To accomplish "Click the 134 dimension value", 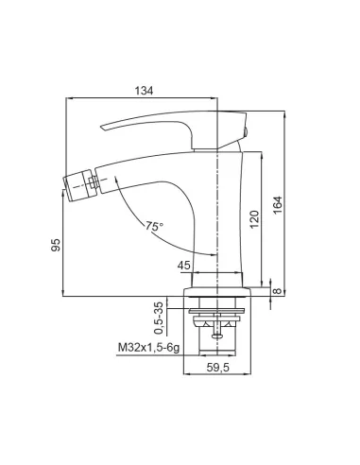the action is coord(144,91).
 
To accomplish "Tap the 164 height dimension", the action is coord(278,205).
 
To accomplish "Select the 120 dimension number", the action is coord(255,219).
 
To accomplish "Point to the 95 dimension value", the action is coord(56,245).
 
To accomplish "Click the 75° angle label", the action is coord(154,226).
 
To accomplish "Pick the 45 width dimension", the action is coord(184,266).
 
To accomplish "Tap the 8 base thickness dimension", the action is coord(277,290).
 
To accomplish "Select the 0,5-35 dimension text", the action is coord(159,318).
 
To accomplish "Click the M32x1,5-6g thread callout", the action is coord(148,348).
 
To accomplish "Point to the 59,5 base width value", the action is coord(218,368).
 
